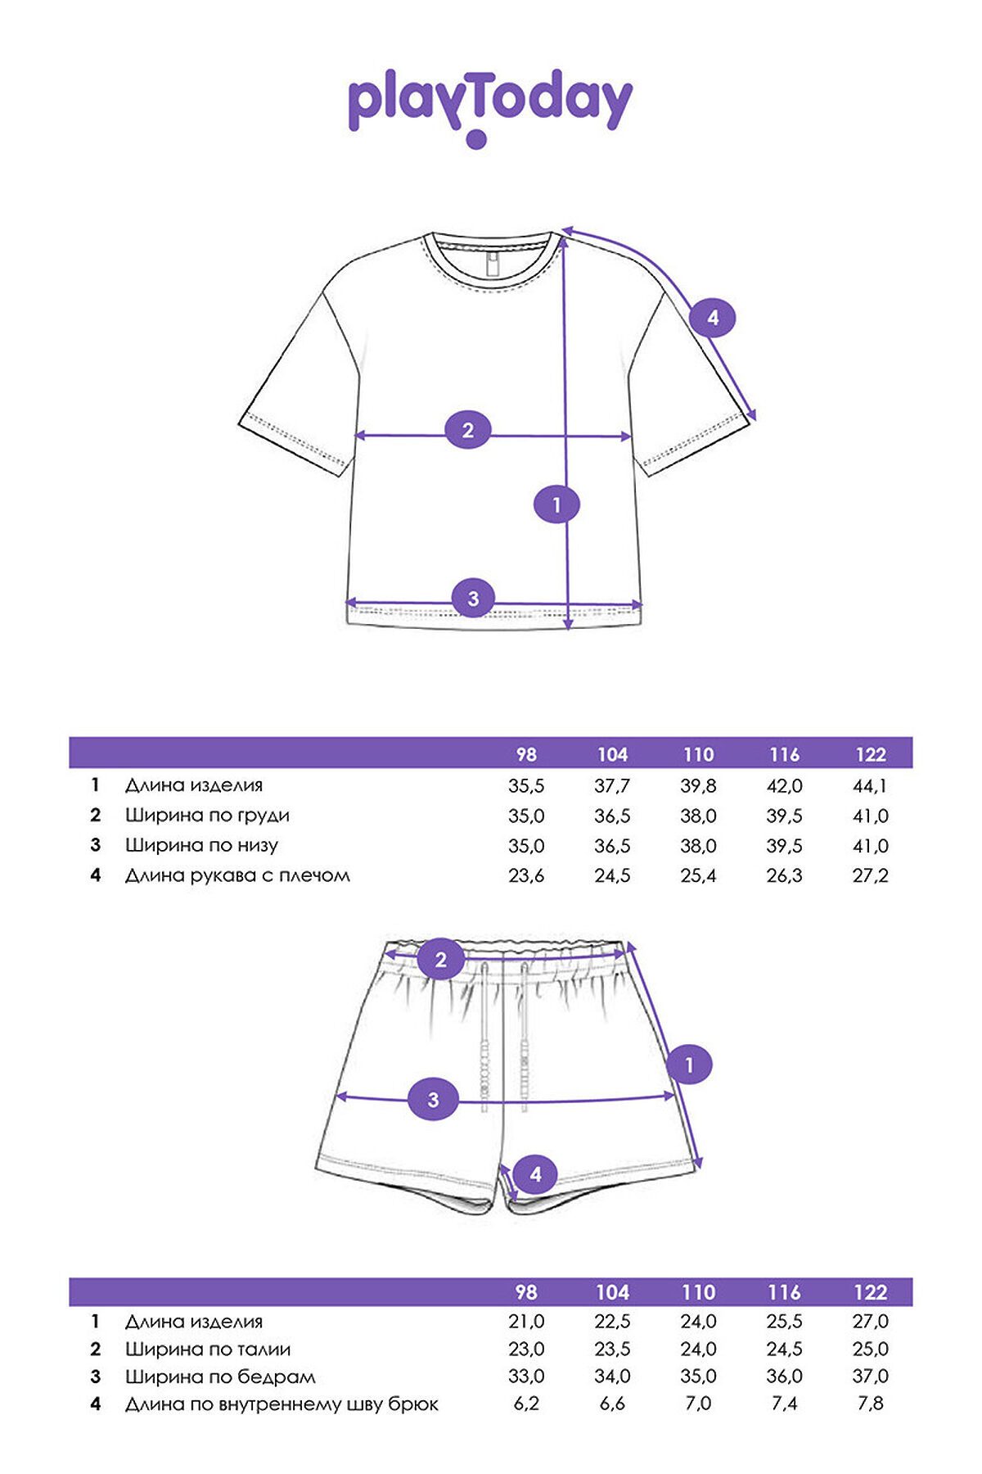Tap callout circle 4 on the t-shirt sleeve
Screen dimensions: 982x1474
coord(712,317)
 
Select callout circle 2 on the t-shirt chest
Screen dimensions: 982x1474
coord(468,430)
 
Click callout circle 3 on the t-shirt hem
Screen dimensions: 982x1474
coord(473,599)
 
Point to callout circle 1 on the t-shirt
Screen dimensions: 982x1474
coord(556,504)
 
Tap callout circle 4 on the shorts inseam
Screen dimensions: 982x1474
coord(535,1174)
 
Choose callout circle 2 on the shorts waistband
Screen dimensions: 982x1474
coord(441,960)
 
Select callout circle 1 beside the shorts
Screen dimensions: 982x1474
coord(689,1065)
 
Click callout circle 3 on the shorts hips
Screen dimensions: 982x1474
coord(434,1100)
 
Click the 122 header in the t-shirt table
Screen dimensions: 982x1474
coord(870,754)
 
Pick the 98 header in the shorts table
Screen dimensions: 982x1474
coord(526,1291)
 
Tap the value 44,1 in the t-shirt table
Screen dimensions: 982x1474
coord(870,786)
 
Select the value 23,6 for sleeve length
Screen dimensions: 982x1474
coord(526,875)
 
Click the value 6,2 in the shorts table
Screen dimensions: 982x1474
coord(526,1404)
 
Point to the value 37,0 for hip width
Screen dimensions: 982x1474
coord(870,1376)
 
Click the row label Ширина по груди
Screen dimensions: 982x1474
coord(207,816)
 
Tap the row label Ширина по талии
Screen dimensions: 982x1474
coord(208,1349)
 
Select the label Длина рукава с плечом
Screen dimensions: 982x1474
coord(237,875)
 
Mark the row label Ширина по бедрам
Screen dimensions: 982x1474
coord(220,1377)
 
